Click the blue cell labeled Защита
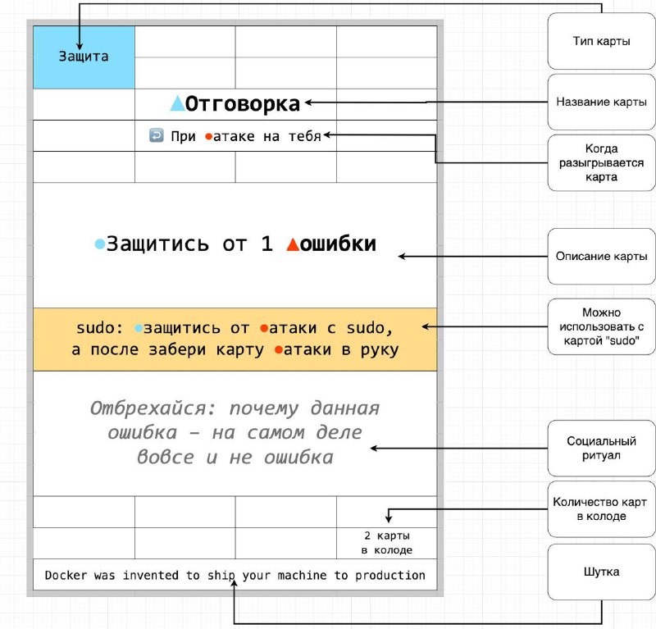tap(84, 57)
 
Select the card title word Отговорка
tap(243, 104)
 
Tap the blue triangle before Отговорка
tap(177, 103)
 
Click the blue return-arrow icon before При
tap(157, 135)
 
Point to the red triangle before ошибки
tap(293, 244)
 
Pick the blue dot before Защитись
tap(99, 244)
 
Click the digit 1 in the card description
tap(267, 244)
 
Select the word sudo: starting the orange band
tap(99, 328)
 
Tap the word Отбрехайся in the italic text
tap(153, 408)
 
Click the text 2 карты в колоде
tap(387, 543)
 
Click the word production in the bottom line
tap(390, 576)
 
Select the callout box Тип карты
tap(602, 41)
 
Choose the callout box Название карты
tap(602, 102)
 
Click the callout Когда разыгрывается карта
tap(602, 163)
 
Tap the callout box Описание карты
tap(602, 256)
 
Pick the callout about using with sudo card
tap(602, 326)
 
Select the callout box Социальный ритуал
tap(602, 448)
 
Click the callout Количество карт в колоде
tap(602, 509)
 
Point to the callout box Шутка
tap(602, 572)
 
